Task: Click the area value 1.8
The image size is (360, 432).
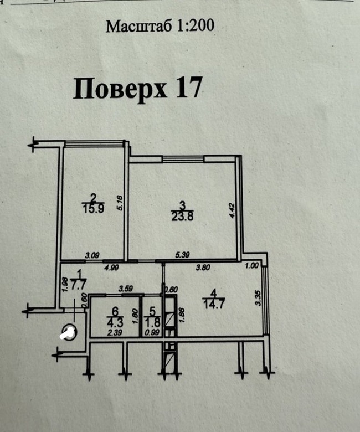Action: [x=151, y=322]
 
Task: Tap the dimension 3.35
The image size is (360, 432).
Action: [x=258, y=299]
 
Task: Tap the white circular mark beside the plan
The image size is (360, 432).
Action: [x=68, y=333]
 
